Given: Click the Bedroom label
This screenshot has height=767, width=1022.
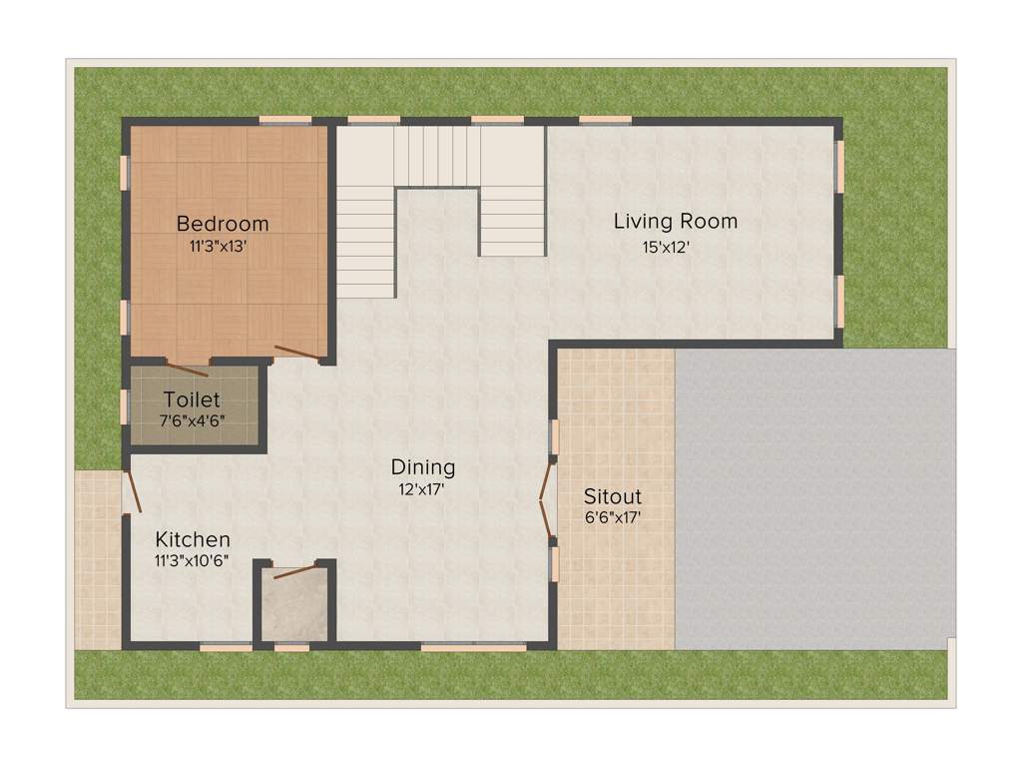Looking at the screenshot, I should pyautogui.click(x=223, y=223).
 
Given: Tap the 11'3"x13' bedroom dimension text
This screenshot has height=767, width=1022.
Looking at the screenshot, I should pyautogui.click(x=218, y=245).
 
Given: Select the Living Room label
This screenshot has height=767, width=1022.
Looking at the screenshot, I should pyautogui.click(x=676, y=221).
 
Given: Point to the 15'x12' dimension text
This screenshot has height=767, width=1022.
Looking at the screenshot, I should pyautogui.click(x=667, y=245).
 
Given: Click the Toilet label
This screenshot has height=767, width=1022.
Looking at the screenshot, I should pyautogui.click(x=192, y=399).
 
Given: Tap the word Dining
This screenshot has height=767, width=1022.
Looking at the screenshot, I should pyautogui.click(x=423, y=466).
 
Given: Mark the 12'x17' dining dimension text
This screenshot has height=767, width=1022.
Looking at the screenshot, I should pyautogui.click(x=422, y=488).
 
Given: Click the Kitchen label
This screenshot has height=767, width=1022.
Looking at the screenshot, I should pyautogui.click(x=193, y=539).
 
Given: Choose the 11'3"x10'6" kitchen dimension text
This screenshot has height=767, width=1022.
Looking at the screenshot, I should pyautogui.click(x=193, y=560).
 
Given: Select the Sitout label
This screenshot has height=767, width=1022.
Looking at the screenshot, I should pyautogui.click(x=613, y=496).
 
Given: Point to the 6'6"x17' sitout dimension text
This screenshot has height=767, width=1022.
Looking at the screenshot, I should pyautogui.click(x=613, y=517).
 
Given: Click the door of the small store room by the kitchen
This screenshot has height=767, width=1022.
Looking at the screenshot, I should pyautogui.click(x=295, y=571).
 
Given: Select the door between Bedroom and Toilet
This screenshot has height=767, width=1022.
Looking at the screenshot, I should pyautogui.click(x=188, y=368).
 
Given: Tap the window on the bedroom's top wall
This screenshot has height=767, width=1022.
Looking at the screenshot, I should pyautogui.click(x=285, y=121).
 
